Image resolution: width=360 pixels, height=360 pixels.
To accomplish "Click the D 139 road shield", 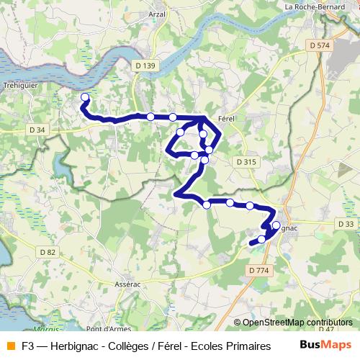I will click(x=145, y=66).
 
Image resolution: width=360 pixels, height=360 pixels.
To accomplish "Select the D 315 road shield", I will click(x=246, y=162).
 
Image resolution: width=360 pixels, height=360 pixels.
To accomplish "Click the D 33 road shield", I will click(x=345, y=224).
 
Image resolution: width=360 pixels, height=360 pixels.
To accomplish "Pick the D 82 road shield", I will click(x=48, y=251).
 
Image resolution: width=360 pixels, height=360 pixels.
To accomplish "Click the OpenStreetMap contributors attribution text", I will click(x=297, y=323).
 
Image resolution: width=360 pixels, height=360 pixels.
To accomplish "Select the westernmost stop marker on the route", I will click(x=85, y=97).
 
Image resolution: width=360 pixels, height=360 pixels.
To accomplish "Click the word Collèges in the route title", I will click(x=118, y=346).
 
